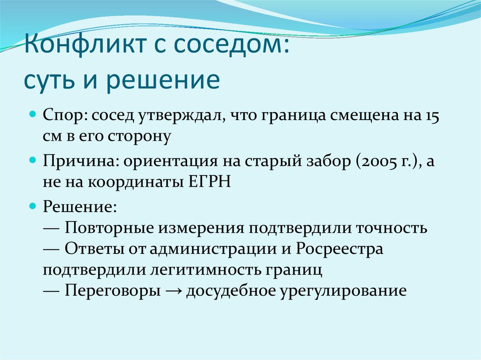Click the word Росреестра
coord(340,249)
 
